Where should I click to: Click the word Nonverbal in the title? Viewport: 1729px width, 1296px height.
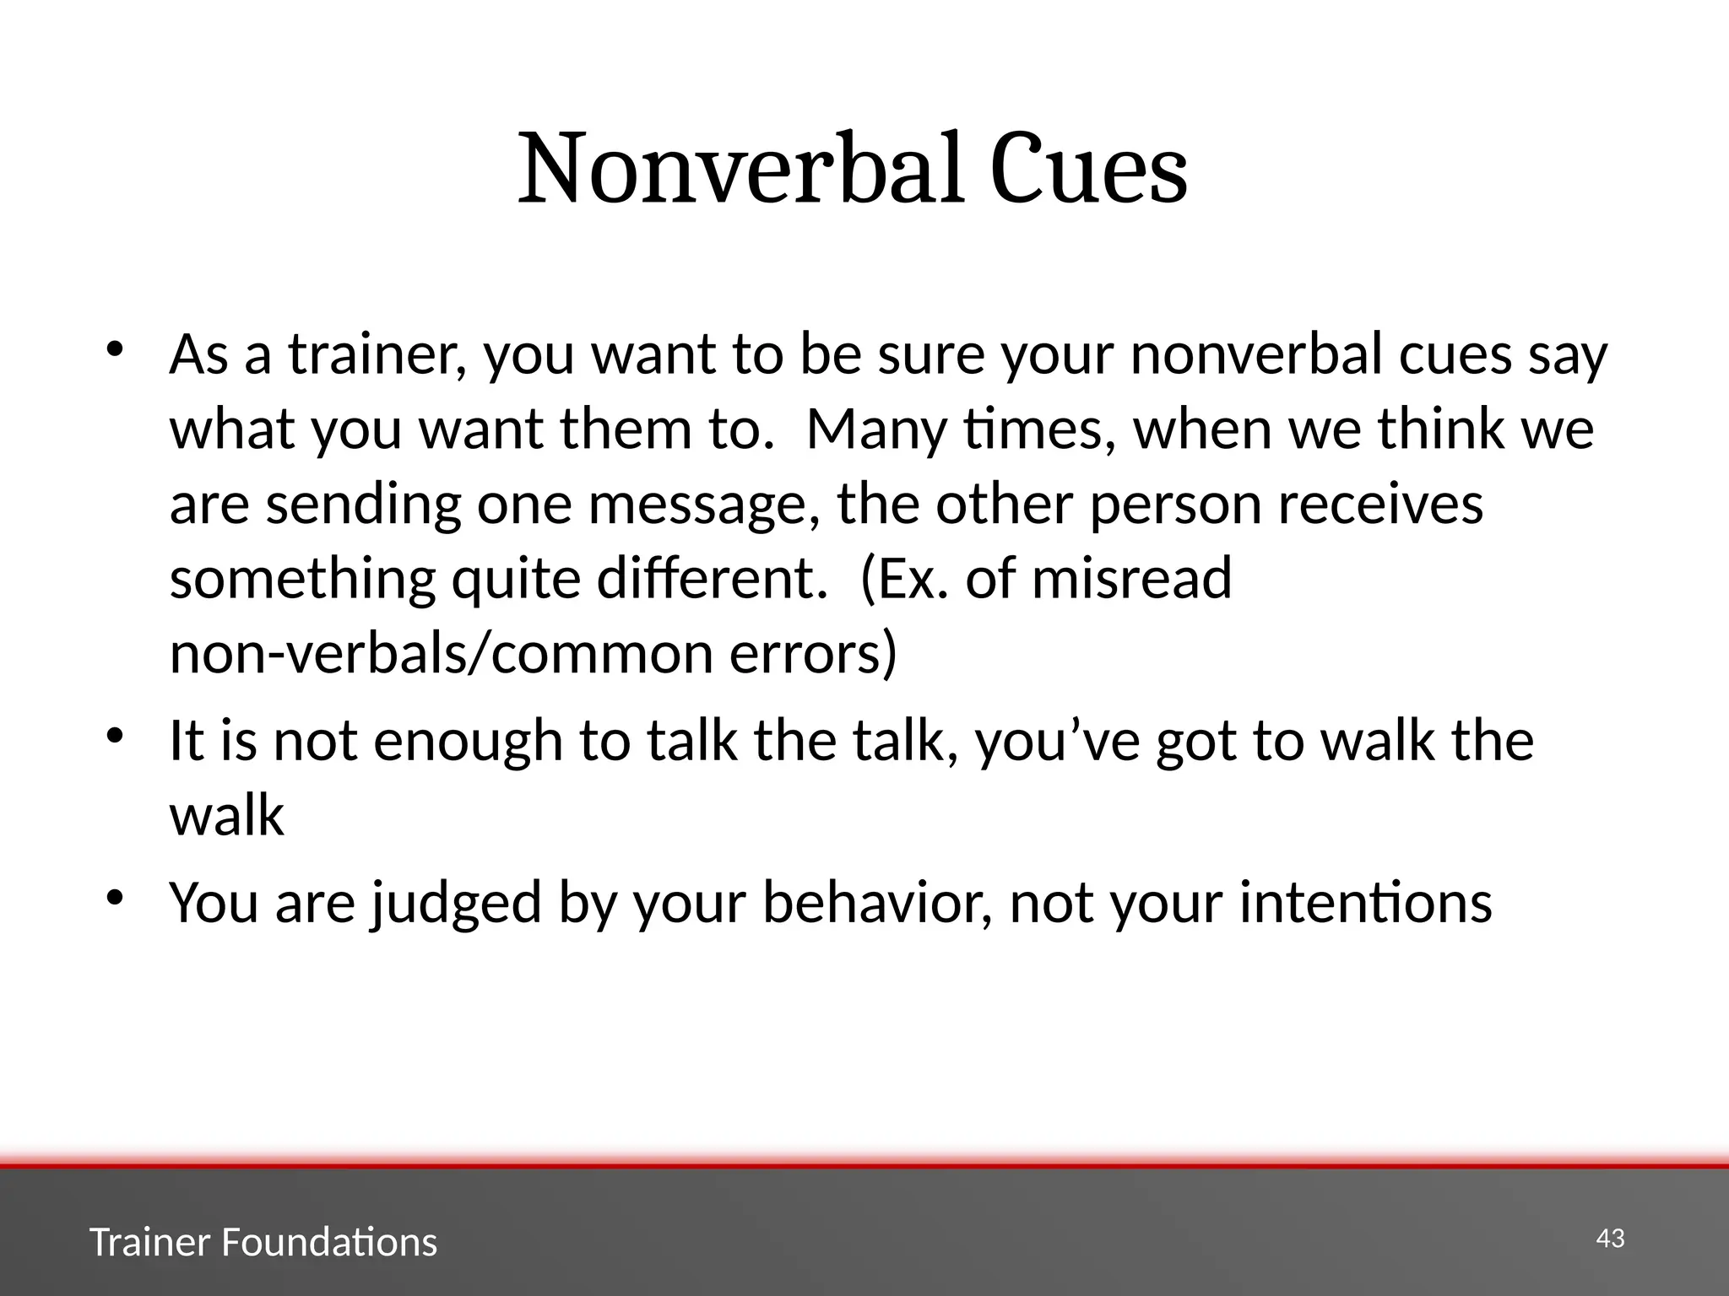(740, 169)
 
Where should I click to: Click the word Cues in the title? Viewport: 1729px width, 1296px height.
(1088, 169)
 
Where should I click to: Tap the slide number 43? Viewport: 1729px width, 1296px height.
(1610, 1239)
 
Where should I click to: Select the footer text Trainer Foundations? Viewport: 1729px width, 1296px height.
(263, 1243)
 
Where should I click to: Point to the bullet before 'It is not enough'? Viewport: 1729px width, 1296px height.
(115, 735)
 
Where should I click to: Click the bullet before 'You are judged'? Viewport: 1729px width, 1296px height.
(115, 896)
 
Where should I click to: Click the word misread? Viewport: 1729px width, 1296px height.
(1131, 579)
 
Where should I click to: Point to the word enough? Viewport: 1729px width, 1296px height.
(468, 741)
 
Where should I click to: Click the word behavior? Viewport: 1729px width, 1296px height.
(879, 903)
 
